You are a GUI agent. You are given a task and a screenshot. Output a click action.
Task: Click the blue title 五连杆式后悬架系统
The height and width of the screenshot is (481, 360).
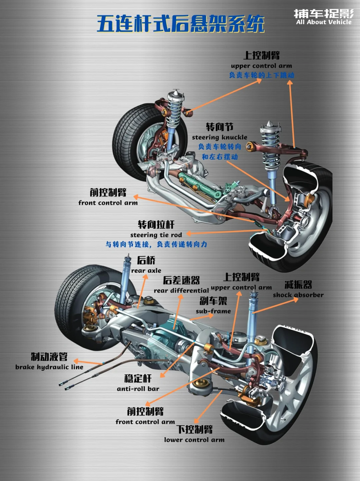coord(180,24)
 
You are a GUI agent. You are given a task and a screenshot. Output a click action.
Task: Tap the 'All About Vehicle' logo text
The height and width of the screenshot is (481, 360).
coord(324,22)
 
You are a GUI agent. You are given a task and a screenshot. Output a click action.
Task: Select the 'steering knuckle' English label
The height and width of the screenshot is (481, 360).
coord(219,137)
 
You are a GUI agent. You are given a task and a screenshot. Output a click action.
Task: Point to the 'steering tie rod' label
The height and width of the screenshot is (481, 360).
coord(156,235)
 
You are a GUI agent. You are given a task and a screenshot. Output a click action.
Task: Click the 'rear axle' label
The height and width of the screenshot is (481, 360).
coord(146,271)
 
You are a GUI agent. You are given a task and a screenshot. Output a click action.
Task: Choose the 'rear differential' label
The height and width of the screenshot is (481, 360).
coord(181,291)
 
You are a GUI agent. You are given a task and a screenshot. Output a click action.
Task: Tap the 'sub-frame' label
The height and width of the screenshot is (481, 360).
coord(213,311)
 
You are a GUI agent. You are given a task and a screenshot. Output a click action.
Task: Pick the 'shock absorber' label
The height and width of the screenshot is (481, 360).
coord(298,295)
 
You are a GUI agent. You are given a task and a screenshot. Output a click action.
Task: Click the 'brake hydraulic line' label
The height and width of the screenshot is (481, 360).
coord(49,367)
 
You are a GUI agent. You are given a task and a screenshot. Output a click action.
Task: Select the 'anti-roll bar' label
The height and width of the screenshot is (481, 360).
coord(138,389)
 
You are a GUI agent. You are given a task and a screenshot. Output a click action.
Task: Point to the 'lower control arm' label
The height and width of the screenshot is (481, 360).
coord(194,440)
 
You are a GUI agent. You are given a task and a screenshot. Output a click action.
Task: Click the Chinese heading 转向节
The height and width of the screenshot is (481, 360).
coord(219,127)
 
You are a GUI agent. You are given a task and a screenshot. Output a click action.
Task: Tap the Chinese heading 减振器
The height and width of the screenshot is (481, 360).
coord(298,285)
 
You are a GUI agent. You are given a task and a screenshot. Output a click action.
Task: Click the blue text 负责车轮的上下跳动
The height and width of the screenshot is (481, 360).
coord(261,75)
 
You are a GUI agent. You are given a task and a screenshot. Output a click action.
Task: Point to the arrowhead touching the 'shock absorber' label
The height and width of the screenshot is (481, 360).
coord(295,299)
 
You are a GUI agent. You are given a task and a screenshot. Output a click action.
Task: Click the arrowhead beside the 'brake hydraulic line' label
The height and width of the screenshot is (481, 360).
coord(76,361)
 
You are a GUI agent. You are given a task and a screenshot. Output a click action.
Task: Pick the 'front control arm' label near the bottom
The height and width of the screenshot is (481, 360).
coord(145,422)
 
